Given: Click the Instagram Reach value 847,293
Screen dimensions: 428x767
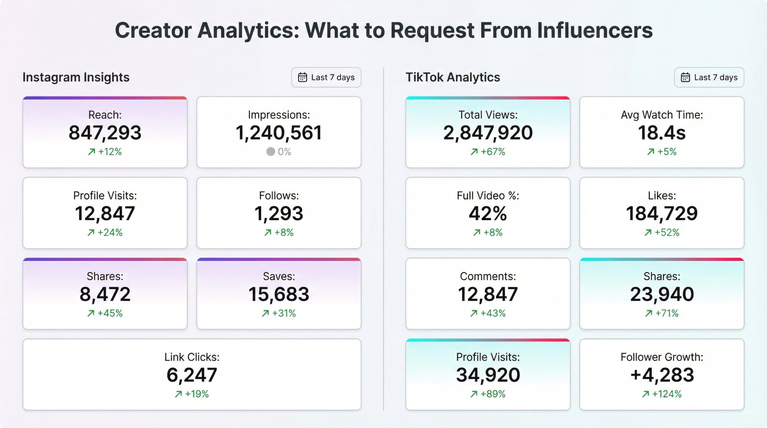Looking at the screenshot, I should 105,133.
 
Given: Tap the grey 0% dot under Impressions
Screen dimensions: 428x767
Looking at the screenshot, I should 270,152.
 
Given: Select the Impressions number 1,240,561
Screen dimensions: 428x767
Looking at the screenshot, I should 279,133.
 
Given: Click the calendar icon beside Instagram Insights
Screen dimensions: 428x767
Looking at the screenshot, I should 303,77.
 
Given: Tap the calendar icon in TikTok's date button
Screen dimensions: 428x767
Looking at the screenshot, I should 685,77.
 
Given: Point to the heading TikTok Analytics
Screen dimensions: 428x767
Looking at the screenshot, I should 453,77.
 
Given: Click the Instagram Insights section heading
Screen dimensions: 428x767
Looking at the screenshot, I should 76,77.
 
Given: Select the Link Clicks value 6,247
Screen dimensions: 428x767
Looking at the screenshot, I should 192,375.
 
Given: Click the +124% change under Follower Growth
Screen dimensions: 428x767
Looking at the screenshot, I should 667,394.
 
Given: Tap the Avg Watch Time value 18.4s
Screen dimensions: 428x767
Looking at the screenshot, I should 662,133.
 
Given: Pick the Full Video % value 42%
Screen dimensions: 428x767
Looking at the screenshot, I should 487,214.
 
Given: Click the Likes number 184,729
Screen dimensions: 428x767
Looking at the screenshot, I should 662,214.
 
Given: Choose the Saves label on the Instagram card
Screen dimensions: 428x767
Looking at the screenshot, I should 279,276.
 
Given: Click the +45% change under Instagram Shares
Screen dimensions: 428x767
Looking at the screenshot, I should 110,313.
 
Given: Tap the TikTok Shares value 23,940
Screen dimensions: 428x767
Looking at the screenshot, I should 662,294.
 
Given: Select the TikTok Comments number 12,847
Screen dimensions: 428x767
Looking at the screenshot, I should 487,294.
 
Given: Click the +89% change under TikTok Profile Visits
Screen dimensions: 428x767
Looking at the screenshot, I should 493,394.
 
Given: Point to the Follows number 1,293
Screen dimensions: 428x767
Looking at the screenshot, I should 279,214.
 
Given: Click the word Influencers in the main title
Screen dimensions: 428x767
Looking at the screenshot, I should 594,30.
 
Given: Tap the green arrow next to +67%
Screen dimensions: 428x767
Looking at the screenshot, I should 474,152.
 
